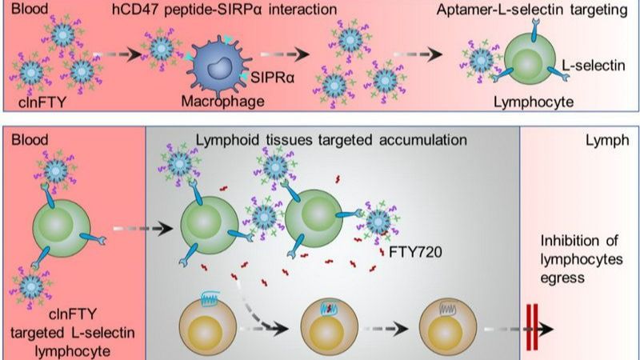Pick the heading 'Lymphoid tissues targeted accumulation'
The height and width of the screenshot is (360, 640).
(330, 139)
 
